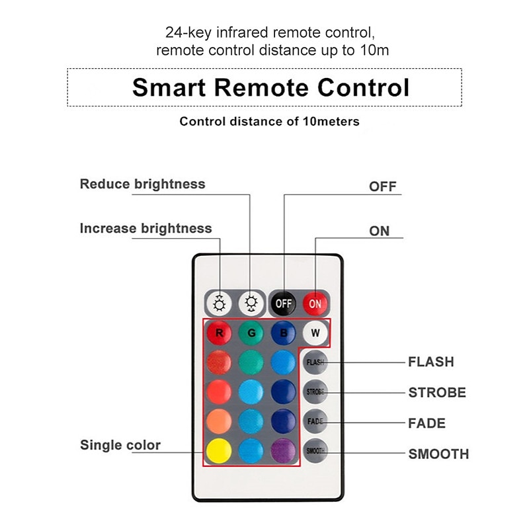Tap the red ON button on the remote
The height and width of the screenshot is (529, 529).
[315, 304]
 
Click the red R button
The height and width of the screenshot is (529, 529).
[219, 333]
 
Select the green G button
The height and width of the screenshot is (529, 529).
[251, 333]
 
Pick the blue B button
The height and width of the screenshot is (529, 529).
[283, 333]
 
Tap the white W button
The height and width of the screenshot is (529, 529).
[315, 333]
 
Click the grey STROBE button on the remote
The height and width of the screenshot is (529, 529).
[315, 391]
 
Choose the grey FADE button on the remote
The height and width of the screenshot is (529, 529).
[315, 421]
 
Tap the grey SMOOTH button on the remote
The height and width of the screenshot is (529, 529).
[315, 450]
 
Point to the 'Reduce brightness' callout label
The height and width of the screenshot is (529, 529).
[142, 184]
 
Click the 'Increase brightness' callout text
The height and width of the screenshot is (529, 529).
[145, 228]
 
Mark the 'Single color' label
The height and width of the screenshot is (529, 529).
[120, 445]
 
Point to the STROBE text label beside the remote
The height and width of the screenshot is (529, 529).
[437, 393]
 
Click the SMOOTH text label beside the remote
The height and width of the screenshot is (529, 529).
[438, 454]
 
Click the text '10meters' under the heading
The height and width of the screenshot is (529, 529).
[329, 122]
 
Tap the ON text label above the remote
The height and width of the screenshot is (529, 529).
[380, 231]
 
